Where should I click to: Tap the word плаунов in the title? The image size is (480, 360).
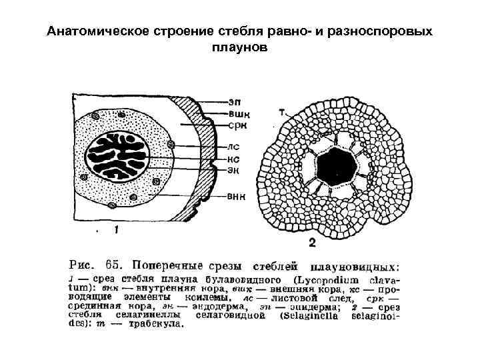[239, 48]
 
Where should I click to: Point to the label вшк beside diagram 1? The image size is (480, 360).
[236, 113]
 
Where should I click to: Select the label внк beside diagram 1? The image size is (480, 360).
[236, 196]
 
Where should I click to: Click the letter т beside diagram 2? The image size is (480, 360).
[282, 113]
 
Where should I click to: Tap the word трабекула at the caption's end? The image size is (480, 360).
[154, 325]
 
